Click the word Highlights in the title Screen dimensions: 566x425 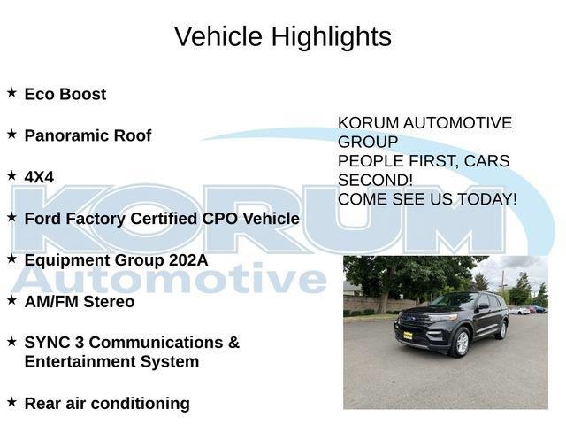(x=332, y=37)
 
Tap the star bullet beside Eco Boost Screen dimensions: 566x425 (x=11, y=92)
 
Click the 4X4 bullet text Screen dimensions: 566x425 (x=39, y=177)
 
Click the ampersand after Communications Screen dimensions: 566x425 (x=233, y=343)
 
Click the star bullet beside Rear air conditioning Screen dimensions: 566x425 (x=11, y=401)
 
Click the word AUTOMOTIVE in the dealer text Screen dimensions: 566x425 (x=457, y=123)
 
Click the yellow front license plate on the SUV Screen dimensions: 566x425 (x=408, y=336)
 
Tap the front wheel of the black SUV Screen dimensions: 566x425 (x=461, y=343)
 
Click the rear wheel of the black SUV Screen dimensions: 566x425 (x=502, y=329)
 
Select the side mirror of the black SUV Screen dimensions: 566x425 (x=483, y=306)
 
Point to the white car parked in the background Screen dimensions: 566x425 (x=519, y=311)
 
